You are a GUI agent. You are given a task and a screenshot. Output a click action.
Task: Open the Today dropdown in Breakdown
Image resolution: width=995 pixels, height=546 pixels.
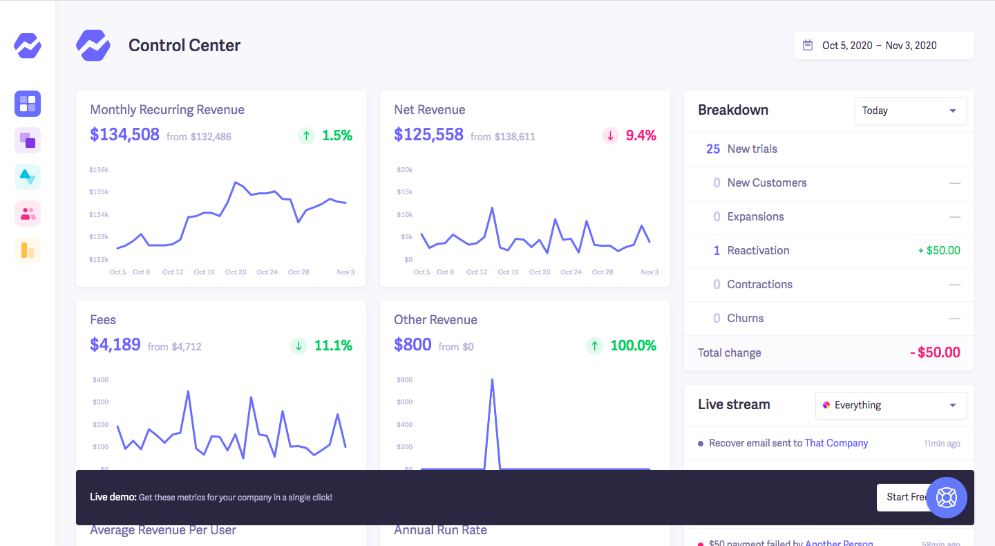910,111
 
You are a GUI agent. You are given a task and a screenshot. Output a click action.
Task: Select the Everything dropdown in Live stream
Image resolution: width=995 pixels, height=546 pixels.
891,405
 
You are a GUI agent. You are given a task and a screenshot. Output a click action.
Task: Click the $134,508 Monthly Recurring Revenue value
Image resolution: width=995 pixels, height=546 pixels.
124,135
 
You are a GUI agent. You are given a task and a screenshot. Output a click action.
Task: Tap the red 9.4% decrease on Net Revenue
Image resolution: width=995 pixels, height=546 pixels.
641,135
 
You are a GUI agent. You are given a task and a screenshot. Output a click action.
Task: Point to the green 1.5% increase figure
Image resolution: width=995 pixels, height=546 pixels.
337,135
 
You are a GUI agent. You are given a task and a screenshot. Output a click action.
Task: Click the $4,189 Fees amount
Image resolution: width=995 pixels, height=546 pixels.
115,345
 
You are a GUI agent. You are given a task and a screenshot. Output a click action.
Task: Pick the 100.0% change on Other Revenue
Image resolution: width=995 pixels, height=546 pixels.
633,346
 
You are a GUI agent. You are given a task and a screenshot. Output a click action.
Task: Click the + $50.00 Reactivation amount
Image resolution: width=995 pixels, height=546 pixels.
939,250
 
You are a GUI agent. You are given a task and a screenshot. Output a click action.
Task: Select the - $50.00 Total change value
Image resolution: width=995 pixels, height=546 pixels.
935,352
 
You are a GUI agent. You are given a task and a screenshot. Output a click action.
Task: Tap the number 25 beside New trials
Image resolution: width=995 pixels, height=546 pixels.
713,149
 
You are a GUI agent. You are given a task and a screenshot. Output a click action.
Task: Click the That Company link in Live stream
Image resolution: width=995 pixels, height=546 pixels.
836,443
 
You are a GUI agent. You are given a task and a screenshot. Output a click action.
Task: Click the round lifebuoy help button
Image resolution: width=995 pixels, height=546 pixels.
946,498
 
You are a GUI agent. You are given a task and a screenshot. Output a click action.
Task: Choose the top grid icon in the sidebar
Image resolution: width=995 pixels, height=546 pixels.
28,104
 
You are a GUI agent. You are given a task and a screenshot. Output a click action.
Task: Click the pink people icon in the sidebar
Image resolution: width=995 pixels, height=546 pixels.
28,214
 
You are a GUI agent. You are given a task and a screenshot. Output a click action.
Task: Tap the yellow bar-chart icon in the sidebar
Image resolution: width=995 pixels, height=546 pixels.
28,250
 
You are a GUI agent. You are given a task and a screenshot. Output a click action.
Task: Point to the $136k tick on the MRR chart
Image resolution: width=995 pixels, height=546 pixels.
99,169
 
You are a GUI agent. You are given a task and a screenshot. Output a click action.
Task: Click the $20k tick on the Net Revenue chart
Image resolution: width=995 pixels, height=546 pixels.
404,169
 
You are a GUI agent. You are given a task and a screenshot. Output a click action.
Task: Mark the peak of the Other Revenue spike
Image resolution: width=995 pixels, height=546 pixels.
492,379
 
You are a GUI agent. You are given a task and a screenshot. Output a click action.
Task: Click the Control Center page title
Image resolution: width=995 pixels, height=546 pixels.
184,46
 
